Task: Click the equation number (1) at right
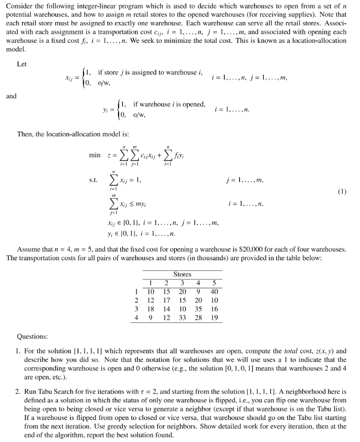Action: pos(342,190)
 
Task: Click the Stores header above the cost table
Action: pos(182,274)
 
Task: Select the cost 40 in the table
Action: pos(215,291)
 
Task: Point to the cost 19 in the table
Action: pos(215,318)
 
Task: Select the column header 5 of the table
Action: pos(215,283)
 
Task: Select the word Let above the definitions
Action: pos(22,64)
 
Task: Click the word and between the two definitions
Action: pos(12,96)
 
